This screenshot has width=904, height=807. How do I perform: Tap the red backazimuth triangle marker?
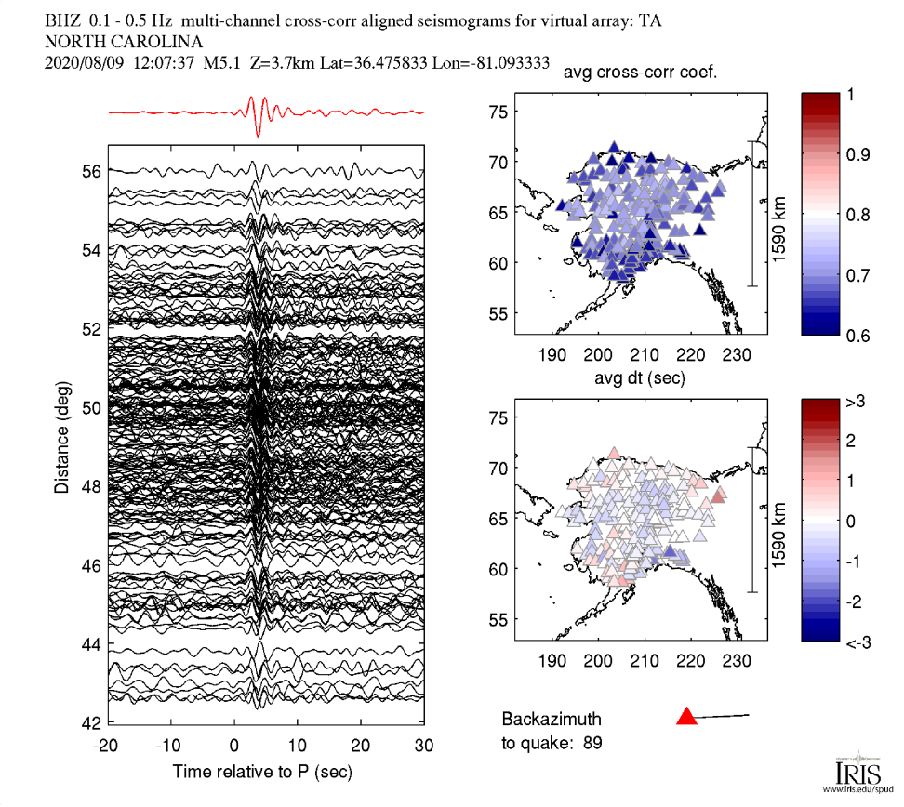[686, 716]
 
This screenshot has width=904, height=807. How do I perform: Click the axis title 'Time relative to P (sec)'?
[262, 772]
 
